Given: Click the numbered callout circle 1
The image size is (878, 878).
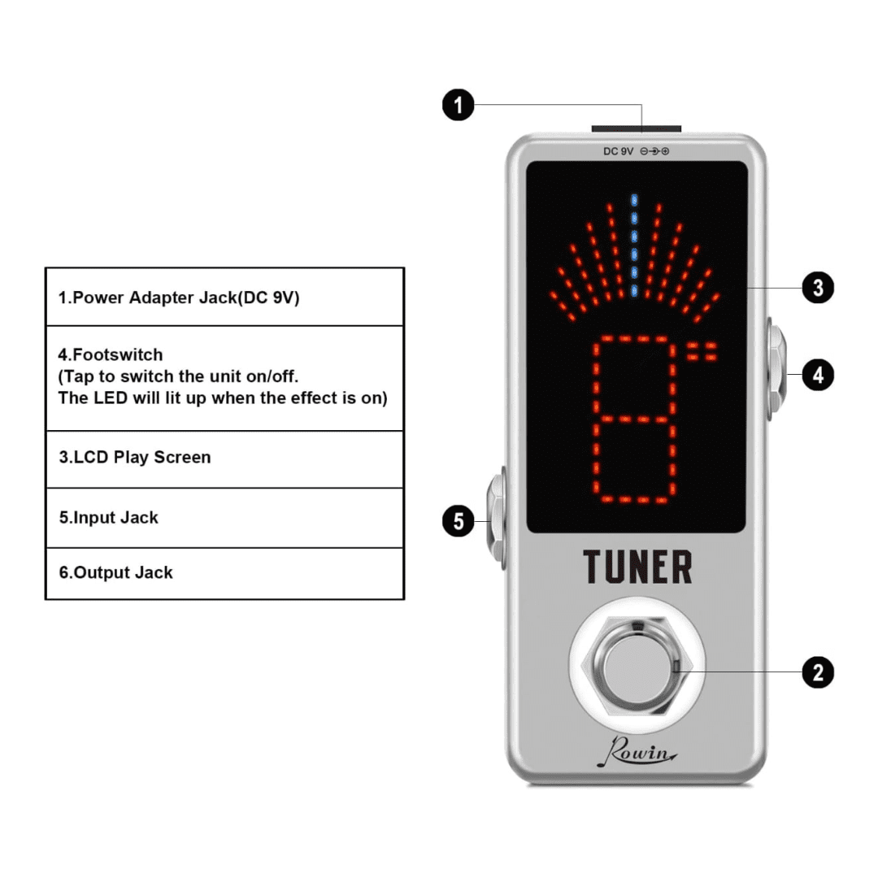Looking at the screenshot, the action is (458, 105).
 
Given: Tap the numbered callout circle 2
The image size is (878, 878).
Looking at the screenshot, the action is (818, 672).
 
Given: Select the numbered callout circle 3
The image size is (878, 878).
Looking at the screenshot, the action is (818, 287).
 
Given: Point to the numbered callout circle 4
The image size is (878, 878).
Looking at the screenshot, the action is (818, 375).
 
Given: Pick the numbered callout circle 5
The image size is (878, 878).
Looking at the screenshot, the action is (458, 521).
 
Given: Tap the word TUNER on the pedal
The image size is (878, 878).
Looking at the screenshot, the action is (637, 567).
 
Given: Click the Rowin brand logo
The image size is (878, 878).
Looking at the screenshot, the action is (637, 751).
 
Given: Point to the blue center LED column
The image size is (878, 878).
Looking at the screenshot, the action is (634, 245).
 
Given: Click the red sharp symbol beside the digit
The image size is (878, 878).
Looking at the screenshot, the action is (702, 352).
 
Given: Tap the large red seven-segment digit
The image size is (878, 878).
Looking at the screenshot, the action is (634, 419).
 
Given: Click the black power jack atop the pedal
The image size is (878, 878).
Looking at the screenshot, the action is (636, 128).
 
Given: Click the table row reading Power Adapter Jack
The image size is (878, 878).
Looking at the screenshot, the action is (179, 298).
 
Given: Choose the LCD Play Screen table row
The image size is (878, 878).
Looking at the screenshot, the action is (135, 457).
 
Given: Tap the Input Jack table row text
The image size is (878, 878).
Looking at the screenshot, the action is (109, 517).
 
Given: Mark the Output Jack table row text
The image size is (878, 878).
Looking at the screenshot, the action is (116, 572).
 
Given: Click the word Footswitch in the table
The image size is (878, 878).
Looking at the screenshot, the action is (118, 354).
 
